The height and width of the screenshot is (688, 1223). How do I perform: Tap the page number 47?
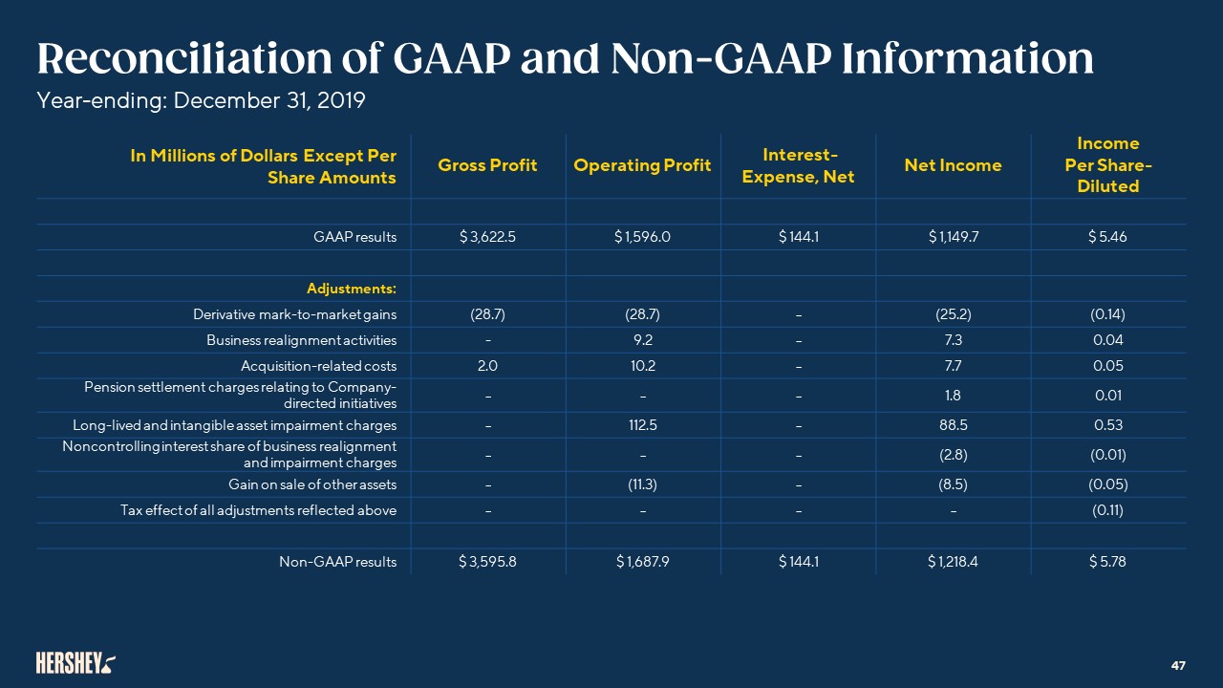pos(1178,664)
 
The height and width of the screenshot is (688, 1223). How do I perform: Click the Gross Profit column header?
pos(487,165)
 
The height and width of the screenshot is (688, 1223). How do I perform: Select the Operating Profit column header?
pos(642,165)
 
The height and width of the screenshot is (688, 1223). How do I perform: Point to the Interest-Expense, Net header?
pos(799,165)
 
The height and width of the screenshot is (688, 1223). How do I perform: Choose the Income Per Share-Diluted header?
pos(1107,164)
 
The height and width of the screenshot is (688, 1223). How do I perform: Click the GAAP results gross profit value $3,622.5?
pos(487,238)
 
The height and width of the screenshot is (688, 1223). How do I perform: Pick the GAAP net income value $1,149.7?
pos(953,238)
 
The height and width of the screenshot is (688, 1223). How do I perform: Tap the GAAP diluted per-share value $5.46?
pos(1107,238)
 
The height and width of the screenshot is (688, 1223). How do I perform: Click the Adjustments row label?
pos(351,289)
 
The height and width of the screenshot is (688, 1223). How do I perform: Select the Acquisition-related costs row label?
pos(318,366)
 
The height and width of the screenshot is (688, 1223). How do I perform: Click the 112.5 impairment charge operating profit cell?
pos(642,425)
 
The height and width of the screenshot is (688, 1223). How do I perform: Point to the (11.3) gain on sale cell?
pos(642,484)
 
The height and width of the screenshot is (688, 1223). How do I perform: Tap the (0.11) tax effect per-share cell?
pos(1107,510)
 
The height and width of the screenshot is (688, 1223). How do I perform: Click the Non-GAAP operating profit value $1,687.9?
pos(642,562)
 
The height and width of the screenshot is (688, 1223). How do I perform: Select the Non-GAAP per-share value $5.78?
pos(1107,562)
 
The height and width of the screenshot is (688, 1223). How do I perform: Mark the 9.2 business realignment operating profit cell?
pos(642,340)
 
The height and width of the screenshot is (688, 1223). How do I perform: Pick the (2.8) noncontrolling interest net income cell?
pos(953,455)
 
